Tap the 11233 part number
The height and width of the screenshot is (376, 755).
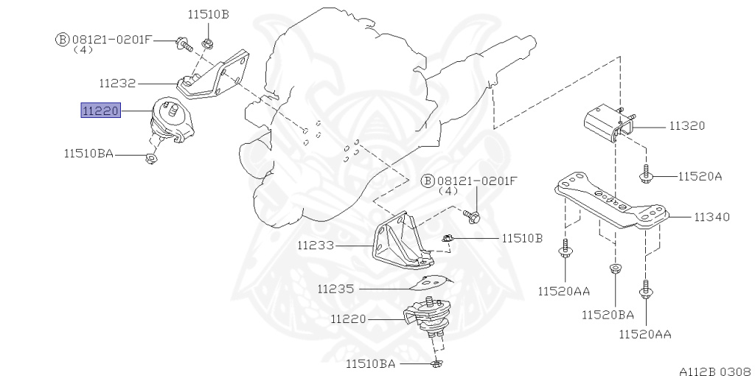[318, 244]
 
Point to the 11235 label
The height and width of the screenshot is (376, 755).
[336, 290]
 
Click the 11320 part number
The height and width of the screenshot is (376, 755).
[687, 126]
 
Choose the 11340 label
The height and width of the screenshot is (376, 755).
[711, 217]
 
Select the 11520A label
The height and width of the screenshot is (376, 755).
[700, 176]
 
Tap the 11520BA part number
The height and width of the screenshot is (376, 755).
[608, 314]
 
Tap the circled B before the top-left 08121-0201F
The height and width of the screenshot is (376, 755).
[62, 39]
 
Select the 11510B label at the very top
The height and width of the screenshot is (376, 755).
[208, 14]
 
